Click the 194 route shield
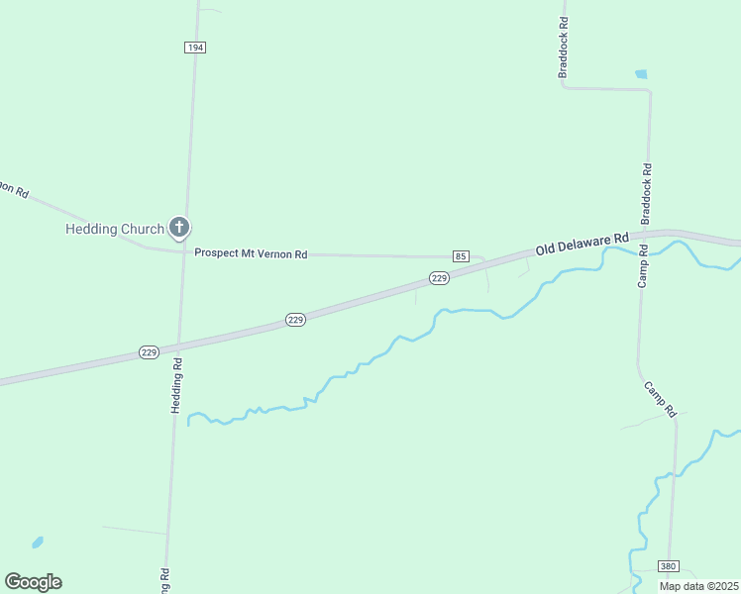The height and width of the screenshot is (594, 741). point(194,48)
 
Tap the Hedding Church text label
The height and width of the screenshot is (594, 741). point(114,230)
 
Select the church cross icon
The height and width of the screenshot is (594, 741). point(179,229)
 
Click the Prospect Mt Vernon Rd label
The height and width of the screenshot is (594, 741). point(251,254)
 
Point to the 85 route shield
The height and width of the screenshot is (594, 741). point(461,256)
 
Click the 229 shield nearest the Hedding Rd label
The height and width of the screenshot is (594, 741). point(149,351)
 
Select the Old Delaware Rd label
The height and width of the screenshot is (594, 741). point(582,244)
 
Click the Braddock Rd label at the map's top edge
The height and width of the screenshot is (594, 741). point(563,48)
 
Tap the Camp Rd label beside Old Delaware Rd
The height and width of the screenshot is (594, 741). point(643,265)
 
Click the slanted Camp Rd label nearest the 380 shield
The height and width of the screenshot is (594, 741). point(660,398)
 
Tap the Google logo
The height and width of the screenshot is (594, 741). point(33,582)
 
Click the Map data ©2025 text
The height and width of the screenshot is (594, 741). point(698,586)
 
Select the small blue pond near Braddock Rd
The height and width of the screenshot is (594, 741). point(641,74)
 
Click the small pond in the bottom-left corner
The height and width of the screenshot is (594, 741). point(37,543)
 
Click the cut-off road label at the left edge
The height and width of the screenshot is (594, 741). point(13,188)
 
